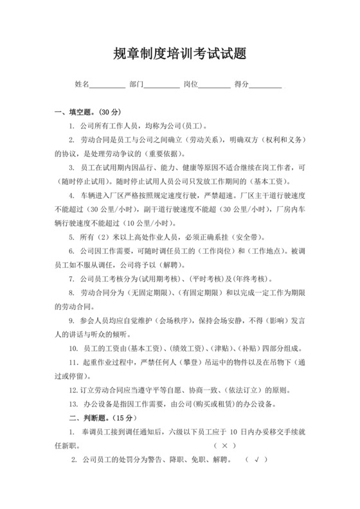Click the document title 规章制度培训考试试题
coord(180,54)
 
